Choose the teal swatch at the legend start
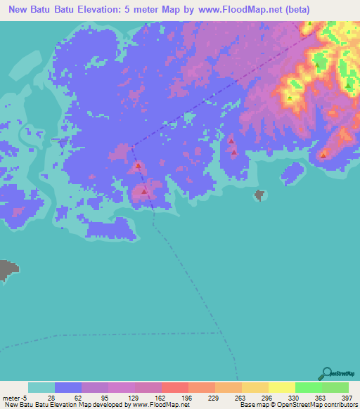point(41,387)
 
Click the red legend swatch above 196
point(174,387)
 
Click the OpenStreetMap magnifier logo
point(327,374)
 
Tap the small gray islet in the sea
point(259,194)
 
